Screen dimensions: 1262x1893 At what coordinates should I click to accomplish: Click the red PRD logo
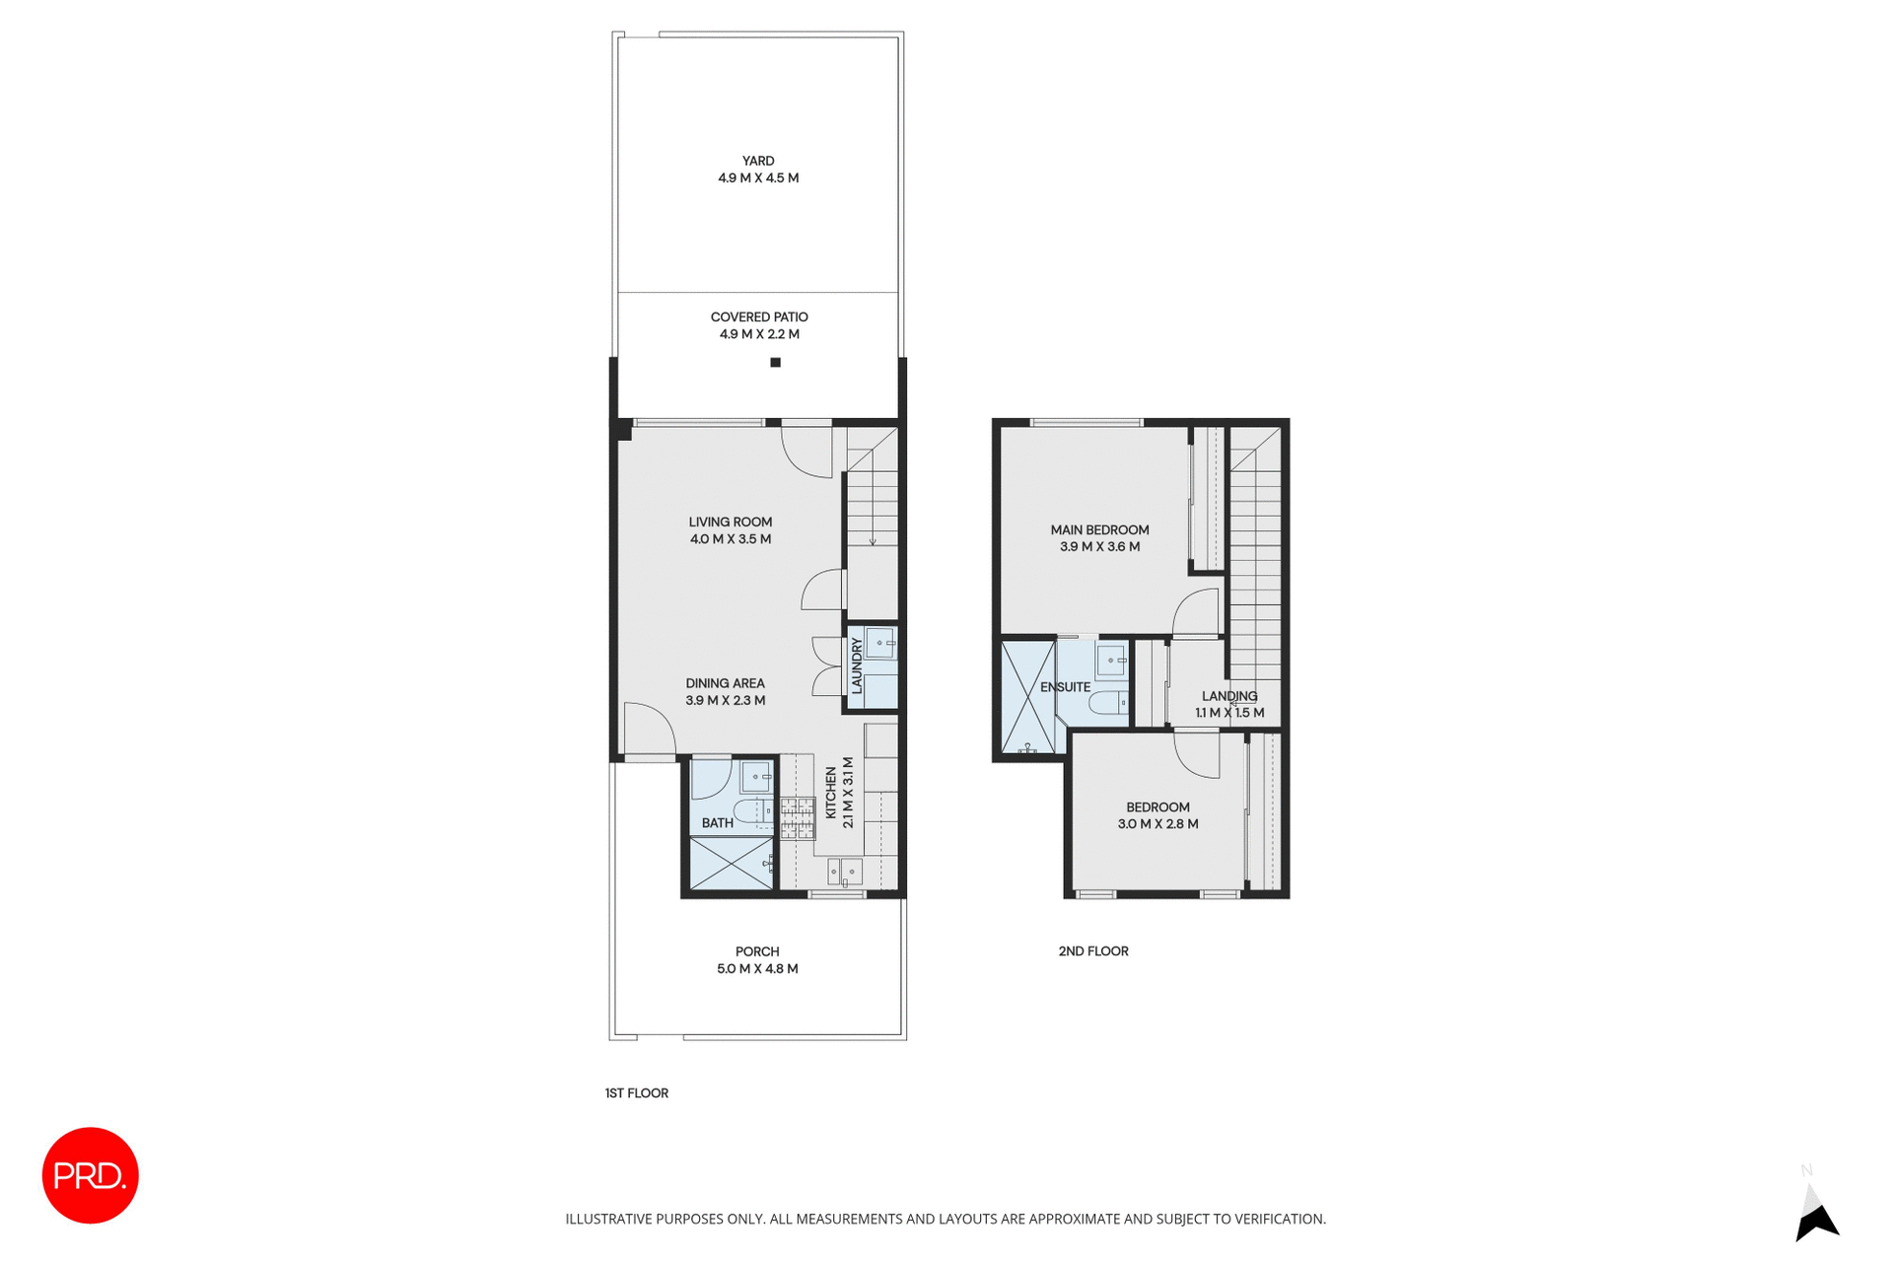click(90, 1175)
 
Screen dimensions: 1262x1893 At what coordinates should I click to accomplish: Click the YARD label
click(758, 161)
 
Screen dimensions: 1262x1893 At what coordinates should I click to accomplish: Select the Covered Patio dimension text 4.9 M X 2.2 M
click(759, 334)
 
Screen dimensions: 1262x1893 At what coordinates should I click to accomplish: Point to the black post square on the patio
click(775, 363)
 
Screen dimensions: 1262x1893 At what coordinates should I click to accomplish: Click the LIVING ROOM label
click(731, 522)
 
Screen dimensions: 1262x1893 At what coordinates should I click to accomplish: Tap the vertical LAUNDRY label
click(857, 666)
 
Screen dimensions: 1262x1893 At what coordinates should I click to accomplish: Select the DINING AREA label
click(725, 683)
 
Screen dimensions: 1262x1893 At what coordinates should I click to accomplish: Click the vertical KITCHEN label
click(831, 794)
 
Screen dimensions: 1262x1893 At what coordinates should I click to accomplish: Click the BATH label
click(717, 823)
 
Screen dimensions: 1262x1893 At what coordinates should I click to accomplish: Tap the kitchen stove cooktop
click(798, 818)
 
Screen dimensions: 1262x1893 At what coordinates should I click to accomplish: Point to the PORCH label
click(757, 951)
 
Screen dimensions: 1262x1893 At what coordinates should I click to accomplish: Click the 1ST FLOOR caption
click(637, 1092)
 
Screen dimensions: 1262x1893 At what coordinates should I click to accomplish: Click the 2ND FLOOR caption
click(1093, 951)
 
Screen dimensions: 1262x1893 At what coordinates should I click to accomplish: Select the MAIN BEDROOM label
click(1099, 529)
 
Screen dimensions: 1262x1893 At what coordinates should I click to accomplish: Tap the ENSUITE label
click(1065, 687)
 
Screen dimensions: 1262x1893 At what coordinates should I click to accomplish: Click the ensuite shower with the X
click(1028, 698)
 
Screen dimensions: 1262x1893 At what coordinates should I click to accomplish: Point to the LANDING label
click(1229, 696)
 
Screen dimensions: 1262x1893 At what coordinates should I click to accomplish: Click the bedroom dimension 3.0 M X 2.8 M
click(1157, 824)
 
